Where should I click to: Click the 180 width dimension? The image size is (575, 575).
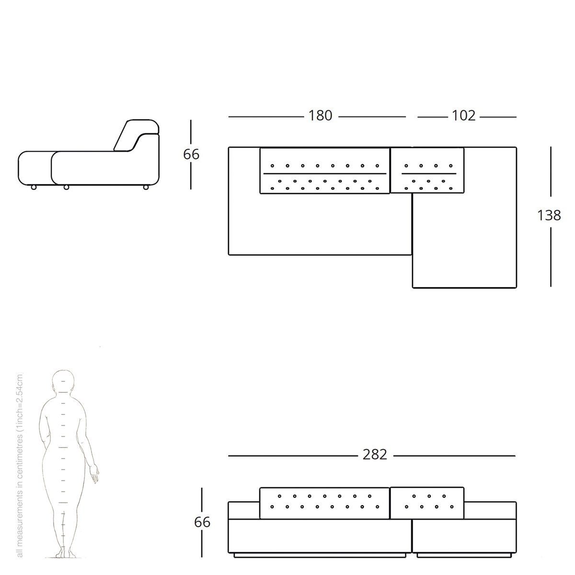pyautogui.click(x=320, y=115)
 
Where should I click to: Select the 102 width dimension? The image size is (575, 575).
pyautogui.click(x=463, y=115)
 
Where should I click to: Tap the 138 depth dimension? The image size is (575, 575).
pyautogui.click(x=549, y=215)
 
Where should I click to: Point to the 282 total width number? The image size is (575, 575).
pyautogui.click(x=375, y=454)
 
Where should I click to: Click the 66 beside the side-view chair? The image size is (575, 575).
pyautogui.click(x=191, y=154)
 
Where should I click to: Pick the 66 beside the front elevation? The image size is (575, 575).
pyautogui.click(x=202, y=522)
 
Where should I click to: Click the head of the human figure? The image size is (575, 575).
pyautogui.click(x=63, y=381)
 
